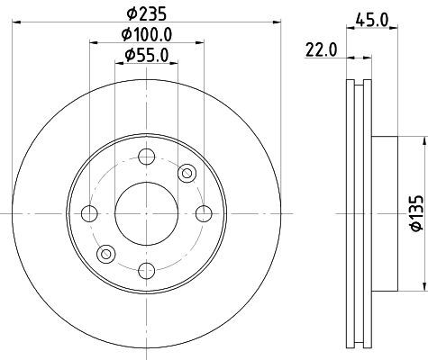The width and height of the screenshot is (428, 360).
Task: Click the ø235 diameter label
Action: coord(146,13)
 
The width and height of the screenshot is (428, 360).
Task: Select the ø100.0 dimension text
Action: coord(147,34)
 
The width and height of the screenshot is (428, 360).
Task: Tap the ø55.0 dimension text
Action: coord(147,55)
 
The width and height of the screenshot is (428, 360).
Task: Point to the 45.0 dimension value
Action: coord(372,20)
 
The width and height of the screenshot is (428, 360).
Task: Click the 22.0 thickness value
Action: coord(322,49)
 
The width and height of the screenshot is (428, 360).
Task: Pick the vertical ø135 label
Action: coord(417,213)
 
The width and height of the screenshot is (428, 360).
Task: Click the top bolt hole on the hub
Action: coord(147,157)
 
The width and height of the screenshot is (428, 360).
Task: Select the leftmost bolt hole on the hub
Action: coord(89,213)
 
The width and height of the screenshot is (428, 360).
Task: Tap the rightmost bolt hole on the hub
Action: coord(204,213)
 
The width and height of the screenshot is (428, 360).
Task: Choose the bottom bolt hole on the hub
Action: coord(147,271)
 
